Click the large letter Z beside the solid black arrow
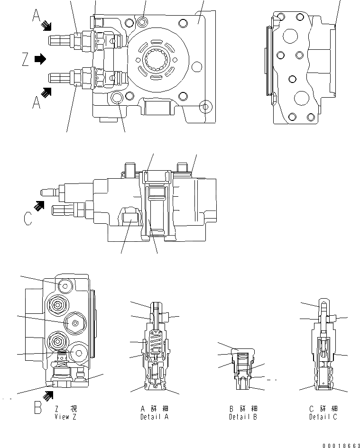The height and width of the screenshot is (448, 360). (x=26, y=60)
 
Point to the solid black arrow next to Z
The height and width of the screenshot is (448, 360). (x=40, y=59)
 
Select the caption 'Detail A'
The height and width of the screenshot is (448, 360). (x=155, y=417)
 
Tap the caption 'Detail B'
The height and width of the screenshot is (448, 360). (x=242, y=417)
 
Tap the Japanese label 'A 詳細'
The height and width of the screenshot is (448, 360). (x=155, y=409)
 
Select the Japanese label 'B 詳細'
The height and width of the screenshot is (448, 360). (x=242, y=409)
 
